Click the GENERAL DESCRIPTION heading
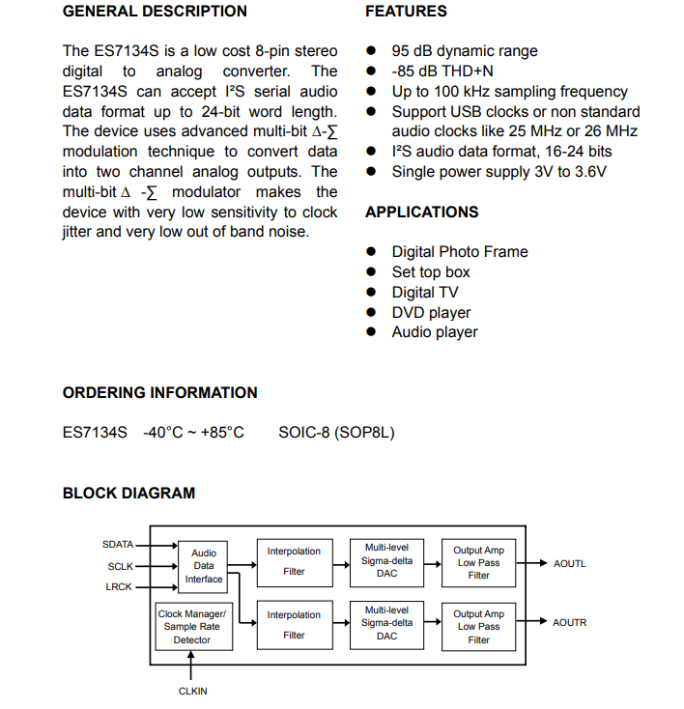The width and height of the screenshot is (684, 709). [x=155, y=12]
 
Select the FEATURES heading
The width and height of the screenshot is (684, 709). [x=406, y=12]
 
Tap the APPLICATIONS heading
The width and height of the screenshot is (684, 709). [x=421, y=212]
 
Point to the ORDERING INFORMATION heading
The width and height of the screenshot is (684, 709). [x=160, y=392]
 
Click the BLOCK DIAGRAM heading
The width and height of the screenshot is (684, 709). [x=128, y=493]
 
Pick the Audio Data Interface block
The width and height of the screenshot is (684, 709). [x=203, y=566]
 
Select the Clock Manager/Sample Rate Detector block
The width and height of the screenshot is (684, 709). [x=191, y=626]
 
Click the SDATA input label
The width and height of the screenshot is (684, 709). [x=118, y=545]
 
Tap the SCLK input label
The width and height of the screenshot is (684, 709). [x=120, y=566]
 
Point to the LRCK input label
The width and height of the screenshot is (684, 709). [x=119, y=586]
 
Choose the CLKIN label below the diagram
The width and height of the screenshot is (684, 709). [x=192, y=691]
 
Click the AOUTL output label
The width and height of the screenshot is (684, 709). [x=569, y=563]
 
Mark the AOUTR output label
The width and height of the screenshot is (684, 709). [x=569, y=623]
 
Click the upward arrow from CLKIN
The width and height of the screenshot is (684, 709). [x=191, y=666]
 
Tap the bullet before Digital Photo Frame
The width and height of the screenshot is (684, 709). [x=371, y=252]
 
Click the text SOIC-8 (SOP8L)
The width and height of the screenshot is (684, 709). [x=336, y=432]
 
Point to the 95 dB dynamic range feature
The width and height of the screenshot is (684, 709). [x=464, y=51]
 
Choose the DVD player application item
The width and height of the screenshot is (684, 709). [x=431, y=312]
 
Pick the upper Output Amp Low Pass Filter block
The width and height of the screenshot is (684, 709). [x=478, y=562]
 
